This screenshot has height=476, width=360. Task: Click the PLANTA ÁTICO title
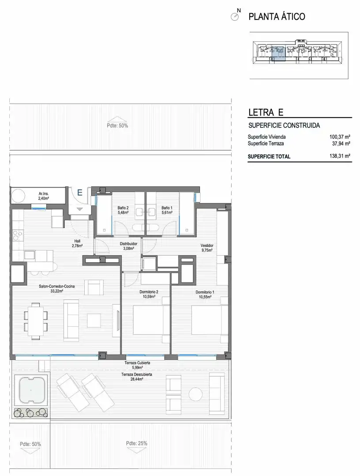(277, 16)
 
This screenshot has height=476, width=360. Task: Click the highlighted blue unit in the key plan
(278, 54)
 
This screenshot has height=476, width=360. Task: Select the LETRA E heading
(266, 112)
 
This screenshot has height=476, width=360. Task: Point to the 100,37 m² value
(340, 137)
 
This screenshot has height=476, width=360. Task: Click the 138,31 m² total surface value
(340, 156)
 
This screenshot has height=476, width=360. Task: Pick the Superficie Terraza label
(266, 144)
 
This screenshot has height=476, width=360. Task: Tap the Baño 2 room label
(123, 208)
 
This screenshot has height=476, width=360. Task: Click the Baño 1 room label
(167, 208)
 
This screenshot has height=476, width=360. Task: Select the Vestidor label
(206, 245)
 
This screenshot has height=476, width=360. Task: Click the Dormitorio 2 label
(149, 292)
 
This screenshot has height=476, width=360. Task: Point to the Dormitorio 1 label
(205, 292)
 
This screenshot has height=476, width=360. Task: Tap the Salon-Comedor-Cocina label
(57, 286)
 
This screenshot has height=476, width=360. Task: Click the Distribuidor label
(128, 243)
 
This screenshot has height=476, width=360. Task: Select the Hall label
(77, 242)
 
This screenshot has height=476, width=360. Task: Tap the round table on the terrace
(195, 394)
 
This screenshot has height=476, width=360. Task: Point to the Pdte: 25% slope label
(137, 443)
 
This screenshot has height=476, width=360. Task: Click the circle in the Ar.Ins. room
(18, 196)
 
